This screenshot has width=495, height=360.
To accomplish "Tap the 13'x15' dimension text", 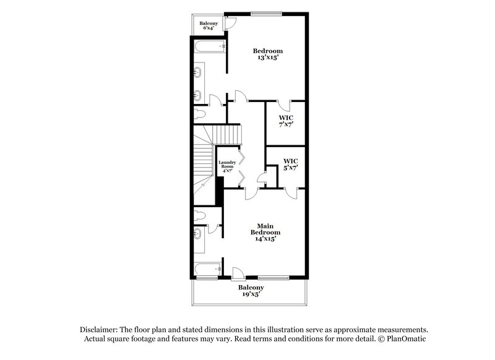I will coord(268,58).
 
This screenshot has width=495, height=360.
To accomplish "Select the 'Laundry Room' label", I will coord(226,166).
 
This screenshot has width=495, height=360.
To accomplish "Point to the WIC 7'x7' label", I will coord(285,121).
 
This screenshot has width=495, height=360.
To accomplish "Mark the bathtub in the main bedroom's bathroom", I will coord(207,270).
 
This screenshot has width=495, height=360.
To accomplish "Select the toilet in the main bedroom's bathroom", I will coord(199,215).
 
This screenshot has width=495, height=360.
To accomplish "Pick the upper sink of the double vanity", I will coord(198,73).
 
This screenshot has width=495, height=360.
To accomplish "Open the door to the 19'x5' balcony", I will coord(238,272).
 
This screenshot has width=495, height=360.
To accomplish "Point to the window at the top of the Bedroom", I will coord(266,13).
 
